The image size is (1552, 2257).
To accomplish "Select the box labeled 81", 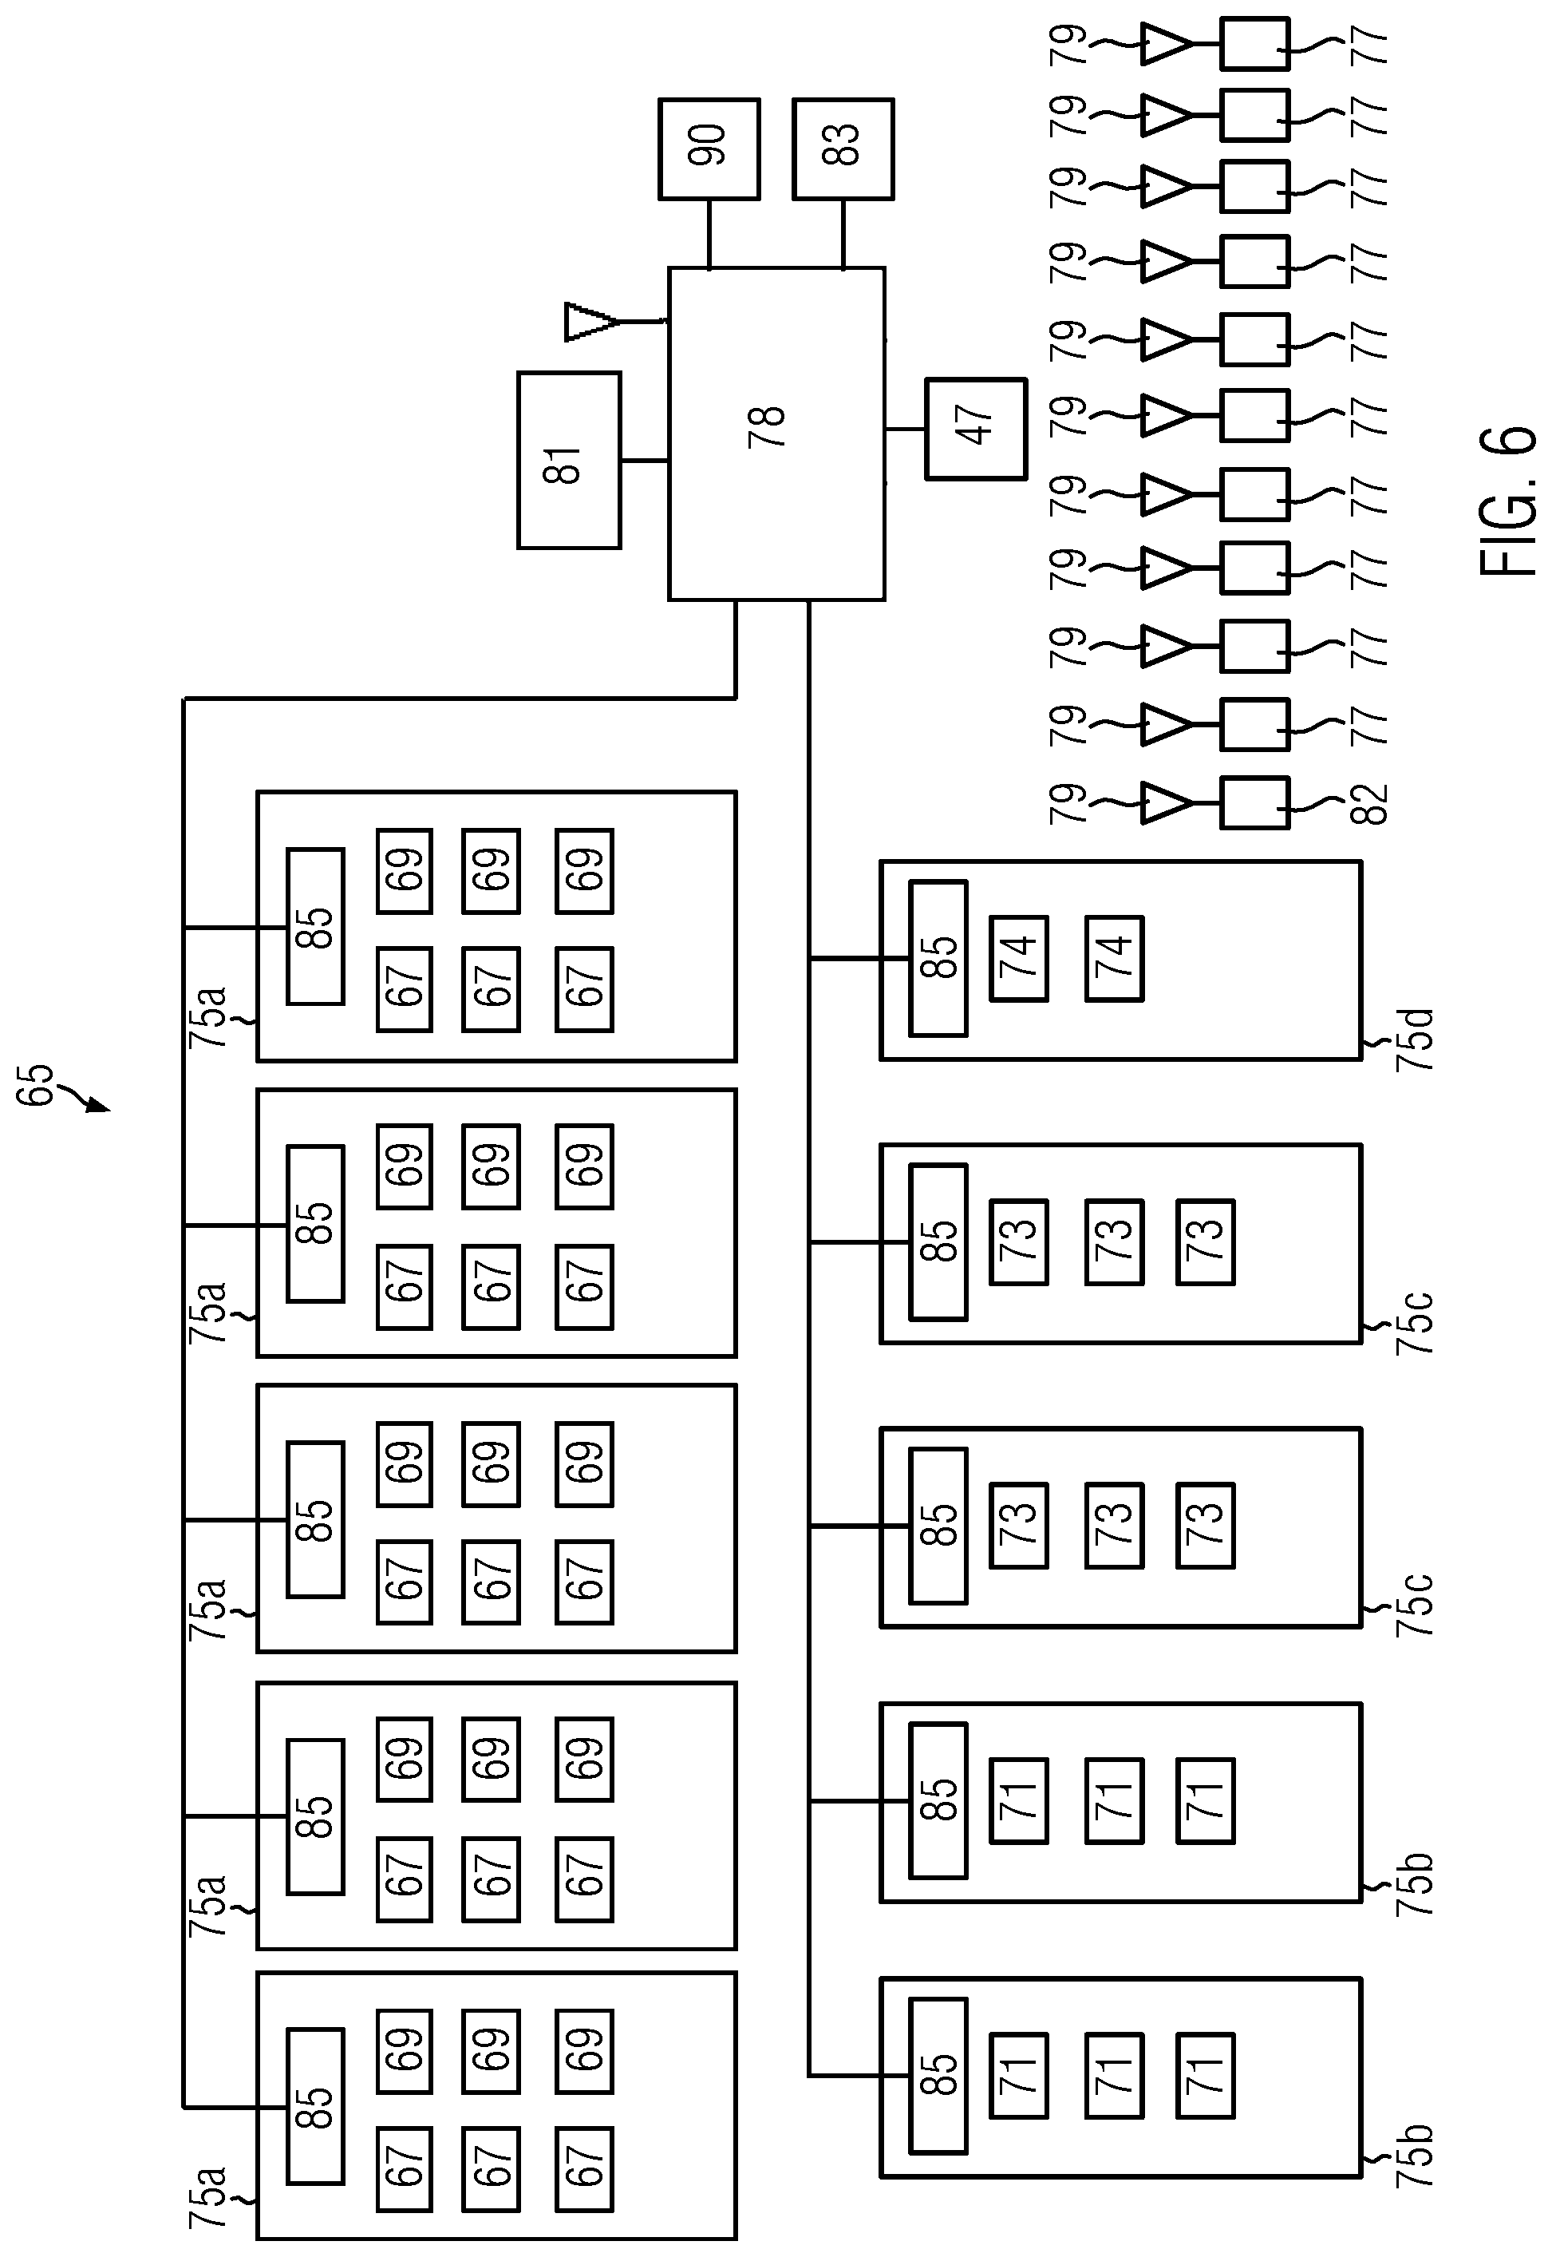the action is click(x=569, y=460).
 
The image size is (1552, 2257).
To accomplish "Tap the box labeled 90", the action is click(x=709, y=148).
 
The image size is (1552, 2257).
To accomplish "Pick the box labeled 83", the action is click(x=843, y=148).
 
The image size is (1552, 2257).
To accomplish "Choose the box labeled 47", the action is click(x=975, y=429).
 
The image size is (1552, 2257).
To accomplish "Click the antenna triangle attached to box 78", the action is click(x=590, y=322).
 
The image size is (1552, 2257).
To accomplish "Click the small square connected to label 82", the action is click(x=1254, y=802).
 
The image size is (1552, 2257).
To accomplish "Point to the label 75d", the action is click(x=1414, y=1040).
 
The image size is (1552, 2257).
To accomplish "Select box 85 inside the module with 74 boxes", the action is click(x=938, y=958).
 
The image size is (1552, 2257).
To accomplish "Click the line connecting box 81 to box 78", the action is click(x=645, y=460).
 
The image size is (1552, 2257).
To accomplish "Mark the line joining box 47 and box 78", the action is click(x=906, y=429).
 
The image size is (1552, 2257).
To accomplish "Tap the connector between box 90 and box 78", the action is click(x=709, y=233).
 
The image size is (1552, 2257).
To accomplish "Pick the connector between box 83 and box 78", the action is click(x=843, y=233).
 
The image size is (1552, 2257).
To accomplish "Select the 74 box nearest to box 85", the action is click(x=1019, y=958).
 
